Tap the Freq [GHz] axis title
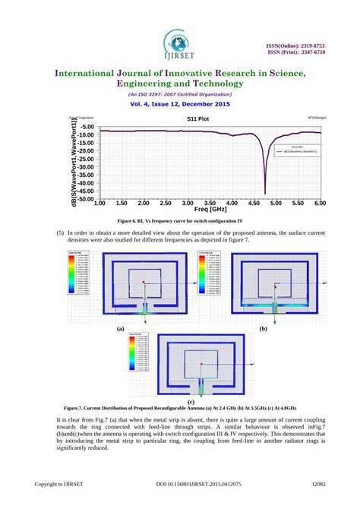210,209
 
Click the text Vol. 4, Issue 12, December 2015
179,104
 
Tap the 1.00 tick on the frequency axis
99,204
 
